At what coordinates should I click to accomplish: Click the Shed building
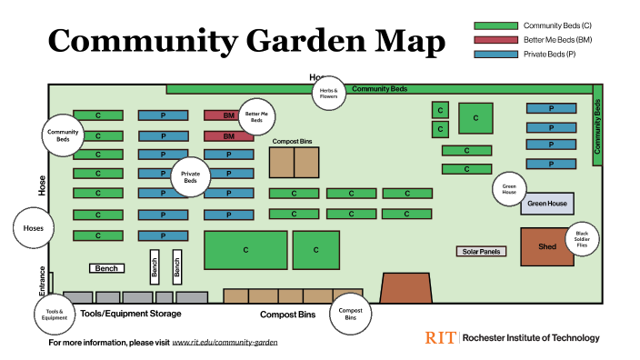click(x=547, y=246)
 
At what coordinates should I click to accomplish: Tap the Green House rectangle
click(x=547, y=203)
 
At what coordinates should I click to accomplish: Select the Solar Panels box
click(x=481, y=251)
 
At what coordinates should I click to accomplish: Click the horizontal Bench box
click(x=106, y=268)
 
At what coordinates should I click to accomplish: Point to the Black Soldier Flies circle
click(x=582, y=240)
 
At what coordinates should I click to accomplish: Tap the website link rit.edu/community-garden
click(x=225, y=344)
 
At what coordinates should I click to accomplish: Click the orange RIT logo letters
click(x=440, y=338)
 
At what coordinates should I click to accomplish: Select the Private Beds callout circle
click(x=190, y=176)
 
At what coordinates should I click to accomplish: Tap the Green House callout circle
click(x=509, y=190)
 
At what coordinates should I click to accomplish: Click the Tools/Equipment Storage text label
click(x=130, y=314)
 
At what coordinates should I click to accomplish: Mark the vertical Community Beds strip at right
click(x=597, y=125)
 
